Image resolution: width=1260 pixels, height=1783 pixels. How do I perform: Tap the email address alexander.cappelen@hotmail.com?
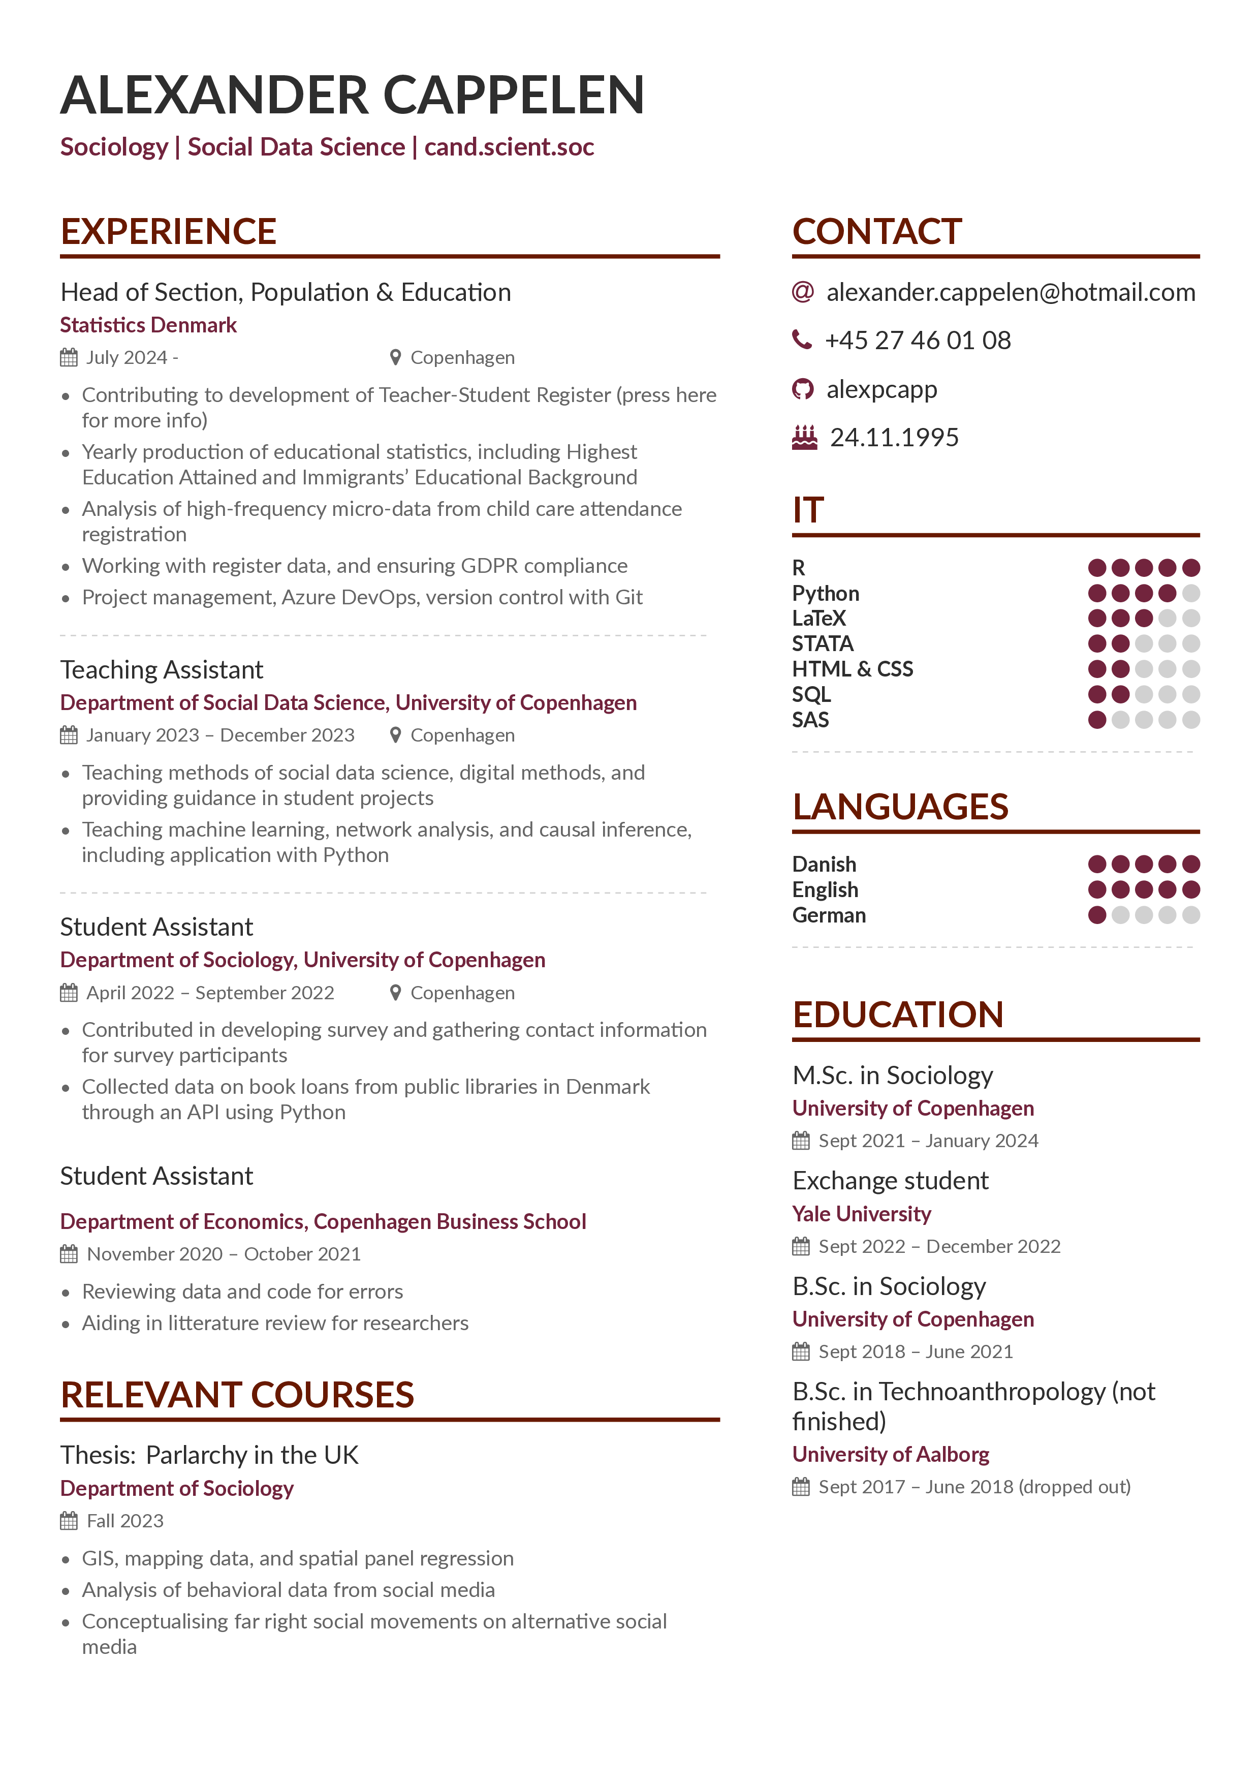point(1010,293)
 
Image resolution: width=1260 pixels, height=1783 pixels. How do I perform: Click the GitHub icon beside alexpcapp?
point(802,389)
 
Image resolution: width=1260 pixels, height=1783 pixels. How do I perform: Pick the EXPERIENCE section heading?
point(169,231)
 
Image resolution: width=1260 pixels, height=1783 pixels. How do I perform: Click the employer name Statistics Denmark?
point(148,325)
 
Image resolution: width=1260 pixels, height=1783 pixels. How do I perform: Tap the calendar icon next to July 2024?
point(69,357)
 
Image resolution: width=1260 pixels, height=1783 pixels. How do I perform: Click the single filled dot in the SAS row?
point(1096,720)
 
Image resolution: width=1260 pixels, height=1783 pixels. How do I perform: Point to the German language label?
point(828,915)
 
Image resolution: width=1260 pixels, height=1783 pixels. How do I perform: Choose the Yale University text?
point(861,1214)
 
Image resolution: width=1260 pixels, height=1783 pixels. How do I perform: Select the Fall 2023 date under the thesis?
point(125,1521)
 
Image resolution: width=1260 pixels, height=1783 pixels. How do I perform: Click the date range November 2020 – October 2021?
point(224,1254)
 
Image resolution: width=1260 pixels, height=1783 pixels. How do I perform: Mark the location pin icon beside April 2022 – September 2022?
point(395,993)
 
